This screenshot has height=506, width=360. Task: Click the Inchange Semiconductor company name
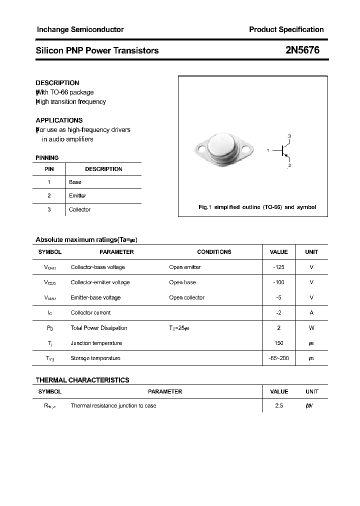80,29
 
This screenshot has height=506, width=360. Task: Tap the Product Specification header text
286,29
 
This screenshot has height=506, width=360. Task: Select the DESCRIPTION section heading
57,83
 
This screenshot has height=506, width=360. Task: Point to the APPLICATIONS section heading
59,120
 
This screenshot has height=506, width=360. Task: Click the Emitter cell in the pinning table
77,196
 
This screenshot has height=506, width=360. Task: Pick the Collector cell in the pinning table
79,209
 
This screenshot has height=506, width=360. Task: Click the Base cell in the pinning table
75,182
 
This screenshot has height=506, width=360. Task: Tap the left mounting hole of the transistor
200,148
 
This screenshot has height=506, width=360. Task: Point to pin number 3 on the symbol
289,136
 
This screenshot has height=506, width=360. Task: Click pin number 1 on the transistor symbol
268,150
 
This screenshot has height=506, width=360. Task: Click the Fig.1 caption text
257,207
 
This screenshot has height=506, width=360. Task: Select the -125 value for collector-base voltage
278,267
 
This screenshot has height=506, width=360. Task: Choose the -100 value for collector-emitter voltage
278,282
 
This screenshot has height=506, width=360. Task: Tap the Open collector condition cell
186,297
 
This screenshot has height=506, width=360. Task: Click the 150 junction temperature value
278,343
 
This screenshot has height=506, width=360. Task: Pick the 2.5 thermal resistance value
278,406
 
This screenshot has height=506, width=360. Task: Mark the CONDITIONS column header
214,252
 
